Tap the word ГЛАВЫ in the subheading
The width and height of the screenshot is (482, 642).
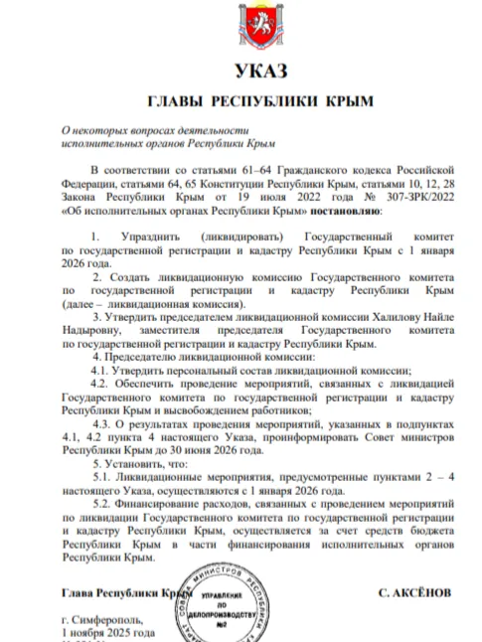point(178,101)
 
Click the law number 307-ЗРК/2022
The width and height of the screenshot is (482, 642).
point(410,198)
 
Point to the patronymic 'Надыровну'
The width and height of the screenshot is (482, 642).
point(92,326)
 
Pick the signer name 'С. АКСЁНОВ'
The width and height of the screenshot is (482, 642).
point(414,592)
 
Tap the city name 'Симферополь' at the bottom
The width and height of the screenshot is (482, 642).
point(106,620)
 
